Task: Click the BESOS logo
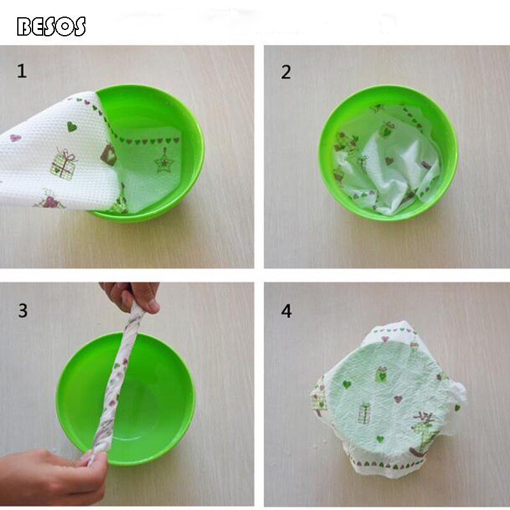[51, 26]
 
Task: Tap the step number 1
[22, 71]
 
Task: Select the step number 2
[286, 72]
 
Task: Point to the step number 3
[22, 310]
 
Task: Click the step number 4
[286, 311]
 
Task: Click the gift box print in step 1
[63, 163]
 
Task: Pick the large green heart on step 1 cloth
[73, 126]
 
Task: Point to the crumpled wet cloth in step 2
[387, 159]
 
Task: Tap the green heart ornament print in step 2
[388, 129]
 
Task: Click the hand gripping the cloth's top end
[131, 296]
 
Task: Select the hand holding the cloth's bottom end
[51, 475]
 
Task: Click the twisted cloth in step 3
[119, 382]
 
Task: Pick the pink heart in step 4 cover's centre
[398, 399]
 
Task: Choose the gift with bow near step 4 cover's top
[382, 374]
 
